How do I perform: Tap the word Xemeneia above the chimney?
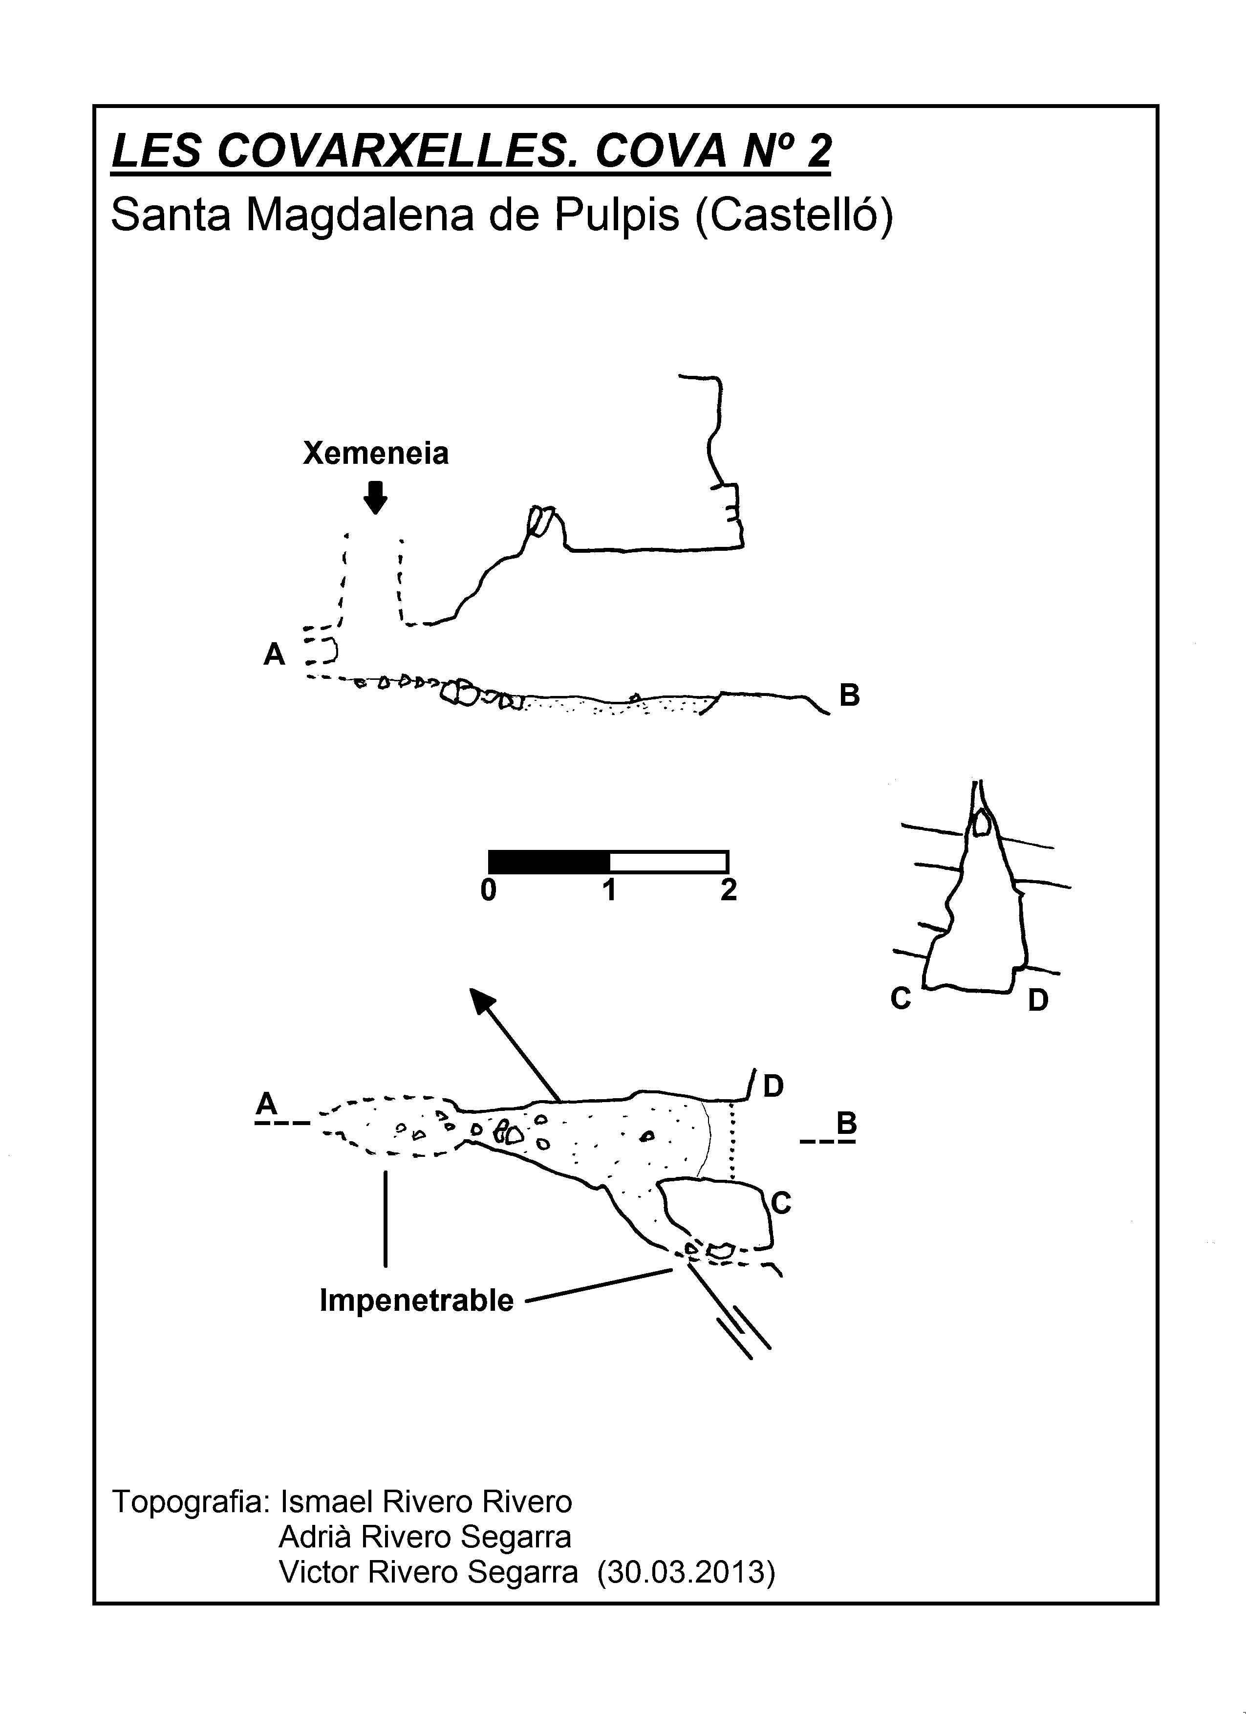click(x=376, y=454)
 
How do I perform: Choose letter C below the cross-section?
click(x=901, y=999)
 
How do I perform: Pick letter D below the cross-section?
click(x=1038, y=1000)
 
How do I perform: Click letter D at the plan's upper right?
click(x=773, y=1086)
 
